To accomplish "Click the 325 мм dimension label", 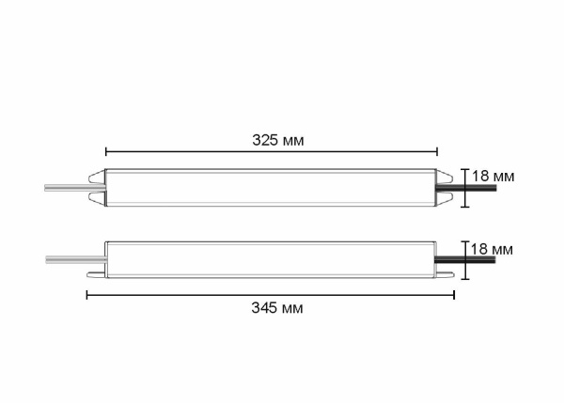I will pos(277,139).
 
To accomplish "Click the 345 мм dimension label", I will pos(277,308).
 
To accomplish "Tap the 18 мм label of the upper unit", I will pos(493,176).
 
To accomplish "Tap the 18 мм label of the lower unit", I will pos(491,249).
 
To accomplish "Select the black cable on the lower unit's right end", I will pos(476,258).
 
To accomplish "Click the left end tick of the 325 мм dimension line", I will pos(106,150).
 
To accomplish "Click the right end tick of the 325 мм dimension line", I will pos(437,150).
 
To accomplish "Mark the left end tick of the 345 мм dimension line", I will pos(86,294).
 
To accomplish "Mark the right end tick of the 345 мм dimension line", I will pos(454,294).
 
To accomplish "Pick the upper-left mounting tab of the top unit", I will pos(96,176).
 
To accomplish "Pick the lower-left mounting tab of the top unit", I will pos(96,199).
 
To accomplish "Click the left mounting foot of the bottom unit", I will pos(96,275).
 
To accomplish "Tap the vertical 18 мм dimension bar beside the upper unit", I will pos(463,188).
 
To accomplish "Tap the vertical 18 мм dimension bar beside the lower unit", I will pos(463,258).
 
